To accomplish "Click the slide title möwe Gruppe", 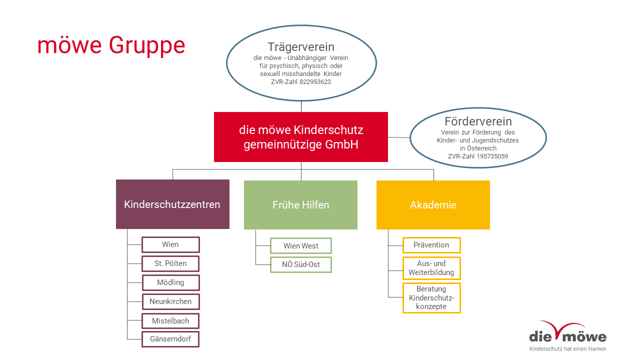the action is pyautogui.click(x=111, y=45).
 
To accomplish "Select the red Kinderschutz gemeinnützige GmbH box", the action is pyautogui.click(x=301, y=137).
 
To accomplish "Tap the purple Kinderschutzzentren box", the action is pyautogui.click(x=172, y=204).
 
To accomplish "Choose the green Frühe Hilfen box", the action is pyautogui.click(x=300, y=205).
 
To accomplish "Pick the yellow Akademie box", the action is pyautogui.click(x=433, y=205).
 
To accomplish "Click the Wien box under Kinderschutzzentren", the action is pyautogui.click(x=170, y=244).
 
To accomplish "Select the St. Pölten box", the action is pyautogui.click(x=170, y=263).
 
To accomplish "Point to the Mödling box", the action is pyautogui.click(x=171, y=282).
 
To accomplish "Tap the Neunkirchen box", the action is pyautogui.click(x=171, y=301).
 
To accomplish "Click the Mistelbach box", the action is pyautogui.click(x=170, y=321).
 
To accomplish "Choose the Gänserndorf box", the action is pyautogui.click(x=170, y=339).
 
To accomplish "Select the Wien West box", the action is pyautogui.click(x=301, y=245).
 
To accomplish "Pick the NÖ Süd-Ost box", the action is pyautogui.click(x=301, y=264).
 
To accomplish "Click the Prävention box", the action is pyautogui.click(x=431, y=245).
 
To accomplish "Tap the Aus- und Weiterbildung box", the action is pyautogui.click(x=431, y=268).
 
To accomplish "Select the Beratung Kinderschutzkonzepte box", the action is pyautogui.click(x=431, y=298).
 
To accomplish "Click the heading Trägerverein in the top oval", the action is pyautogui.click(x=301, y=47).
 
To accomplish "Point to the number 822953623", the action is pyautogui.click(x=315, y=82).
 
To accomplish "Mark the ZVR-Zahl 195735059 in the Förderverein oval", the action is pyautogui.click(x=478, y=156).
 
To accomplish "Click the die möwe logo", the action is pyautogui.click(x=567, y=336).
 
